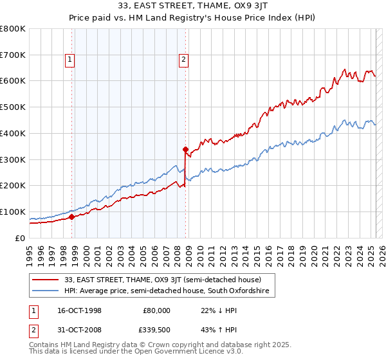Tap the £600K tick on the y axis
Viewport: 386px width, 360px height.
13,81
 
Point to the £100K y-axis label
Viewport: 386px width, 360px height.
13,212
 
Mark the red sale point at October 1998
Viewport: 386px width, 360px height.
72,217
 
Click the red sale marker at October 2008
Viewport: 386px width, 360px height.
186,149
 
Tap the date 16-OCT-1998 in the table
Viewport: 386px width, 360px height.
76,310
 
